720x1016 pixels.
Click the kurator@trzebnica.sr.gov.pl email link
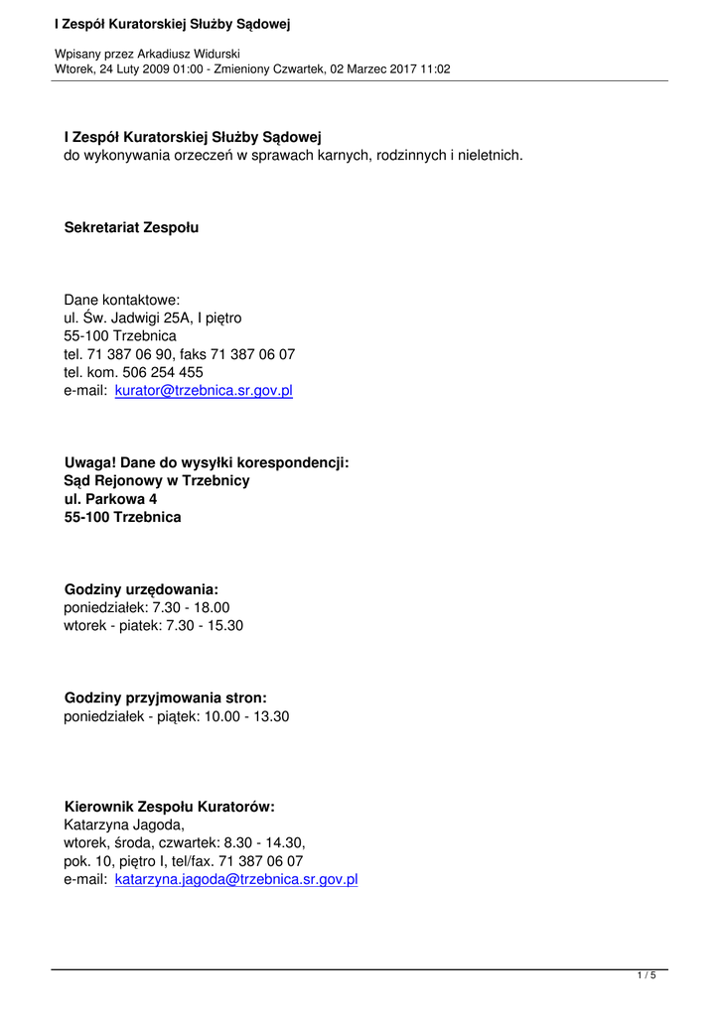coord(204,391)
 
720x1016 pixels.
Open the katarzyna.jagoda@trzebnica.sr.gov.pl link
coord(236,879)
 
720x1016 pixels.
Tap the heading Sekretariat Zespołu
coord(131,227)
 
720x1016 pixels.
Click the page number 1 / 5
coord(647,976)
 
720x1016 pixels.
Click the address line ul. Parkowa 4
coord(110,499)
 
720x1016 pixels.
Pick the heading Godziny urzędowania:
coord(141,589)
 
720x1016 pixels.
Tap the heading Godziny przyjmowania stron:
coord(165,698)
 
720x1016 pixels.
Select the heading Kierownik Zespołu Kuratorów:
coord(169,807)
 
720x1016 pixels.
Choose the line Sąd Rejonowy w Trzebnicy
coord(157,481)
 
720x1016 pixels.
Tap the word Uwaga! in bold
coord(90,462)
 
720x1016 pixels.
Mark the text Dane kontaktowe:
coord(122,300)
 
